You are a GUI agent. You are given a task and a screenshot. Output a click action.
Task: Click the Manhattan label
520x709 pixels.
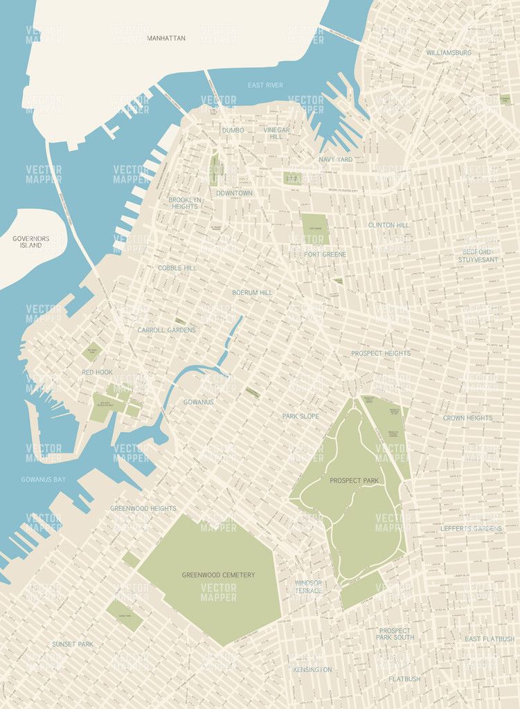coord(166,38)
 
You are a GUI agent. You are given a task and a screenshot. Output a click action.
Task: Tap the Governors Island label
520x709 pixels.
coord(30,242)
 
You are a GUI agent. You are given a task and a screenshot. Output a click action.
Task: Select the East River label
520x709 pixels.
coord(265,85)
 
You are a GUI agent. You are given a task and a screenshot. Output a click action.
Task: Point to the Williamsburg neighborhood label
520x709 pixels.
coord(449,53)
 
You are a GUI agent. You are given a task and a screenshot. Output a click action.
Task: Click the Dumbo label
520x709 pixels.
coord(233,130)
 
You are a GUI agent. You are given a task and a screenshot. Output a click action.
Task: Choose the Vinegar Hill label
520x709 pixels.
coord(276,134)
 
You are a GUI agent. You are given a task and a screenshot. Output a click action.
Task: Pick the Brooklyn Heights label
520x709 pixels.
coord(184,203)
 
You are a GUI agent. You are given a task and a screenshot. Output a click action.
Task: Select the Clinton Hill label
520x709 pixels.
coord(389,225)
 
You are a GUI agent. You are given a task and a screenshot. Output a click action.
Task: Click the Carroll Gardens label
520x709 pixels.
coord(166,330)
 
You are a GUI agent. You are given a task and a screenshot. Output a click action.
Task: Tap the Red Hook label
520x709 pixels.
coord(97,373)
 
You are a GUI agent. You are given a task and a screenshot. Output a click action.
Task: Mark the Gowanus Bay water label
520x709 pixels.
coord(43,479)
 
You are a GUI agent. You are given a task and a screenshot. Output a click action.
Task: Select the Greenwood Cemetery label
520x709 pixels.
coord(218,575)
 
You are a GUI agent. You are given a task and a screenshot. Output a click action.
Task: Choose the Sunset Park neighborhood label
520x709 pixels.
coord(71,644)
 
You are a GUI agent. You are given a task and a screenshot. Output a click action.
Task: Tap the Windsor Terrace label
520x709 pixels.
coord(308,587)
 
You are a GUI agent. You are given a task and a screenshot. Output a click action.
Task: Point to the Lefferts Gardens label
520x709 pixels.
coord(471,529)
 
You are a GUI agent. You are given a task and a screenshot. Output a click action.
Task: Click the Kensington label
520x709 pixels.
coord(312,670)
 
